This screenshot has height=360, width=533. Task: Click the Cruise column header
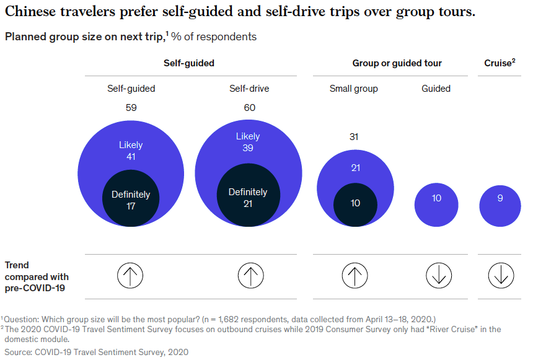[500, 63]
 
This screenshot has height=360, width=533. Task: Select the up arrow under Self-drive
[250, 274]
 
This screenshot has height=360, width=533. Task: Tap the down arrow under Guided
[438, 274]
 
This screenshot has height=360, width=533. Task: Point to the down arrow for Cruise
[500, 274]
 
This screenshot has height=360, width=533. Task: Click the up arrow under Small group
[355, 274]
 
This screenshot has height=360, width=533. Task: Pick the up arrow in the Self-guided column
[130, 274]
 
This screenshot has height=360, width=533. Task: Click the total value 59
[131, 108]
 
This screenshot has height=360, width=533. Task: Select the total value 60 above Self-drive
[249, 108]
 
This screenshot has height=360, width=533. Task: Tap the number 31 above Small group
[354, 137]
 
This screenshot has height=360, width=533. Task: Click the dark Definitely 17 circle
[131, 200]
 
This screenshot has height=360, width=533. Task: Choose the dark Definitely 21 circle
[248, 198]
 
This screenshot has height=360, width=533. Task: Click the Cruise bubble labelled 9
[500, 199]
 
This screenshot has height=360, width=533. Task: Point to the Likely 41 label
[131, 151]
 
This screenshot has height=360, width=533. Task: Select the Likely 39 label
[248, 142]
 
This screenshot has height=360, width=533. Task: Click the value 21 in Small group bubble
[355, 168]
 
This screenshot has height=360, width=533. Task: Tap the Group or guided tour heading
[397, 63]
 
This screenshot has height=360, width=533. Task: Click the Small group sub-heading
[353, 89]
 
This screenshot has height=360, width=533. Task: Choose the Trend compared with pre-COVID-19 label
[37, 276]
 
